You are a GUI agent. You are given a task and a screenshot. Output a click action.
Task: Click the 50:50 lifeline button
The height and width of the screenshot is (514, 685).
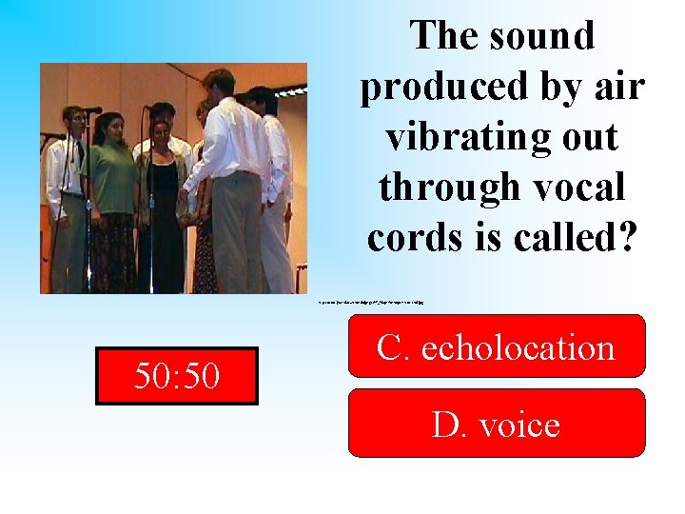[177, 376]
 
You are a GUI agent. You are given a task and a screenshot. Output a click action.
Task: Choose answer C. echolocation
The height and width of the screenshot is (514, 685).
[496, 347]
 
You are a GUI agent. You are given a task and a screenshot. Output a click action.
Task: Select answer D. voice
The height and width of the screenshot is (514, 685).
[496, 424]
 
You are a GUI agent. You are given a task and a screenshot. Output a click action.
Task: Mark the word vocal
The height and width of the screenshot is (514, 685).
[579, 188]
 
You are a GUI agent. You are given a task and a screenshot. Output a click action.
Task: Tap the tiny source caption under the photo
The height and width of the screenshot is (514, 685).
[370, 301]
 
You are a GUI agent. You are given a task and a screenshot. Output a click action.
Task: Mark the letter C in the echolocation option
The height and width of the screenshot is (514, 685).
[390, 347]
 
